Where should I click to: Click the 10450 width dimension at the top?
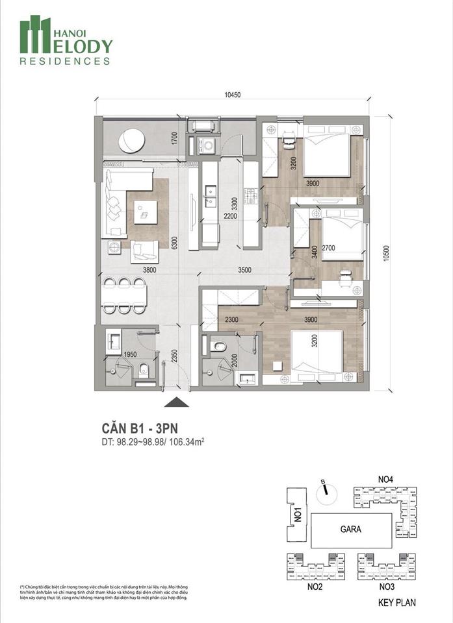[x=233, y=95]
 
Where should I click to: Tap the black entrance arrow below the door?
[x=173, y=402]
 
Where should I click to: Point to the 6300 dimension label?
[x=174, y=243]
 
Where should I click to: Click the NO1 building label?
[x=297, y=517]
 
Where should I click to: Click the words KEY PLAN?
[x=397, y=603]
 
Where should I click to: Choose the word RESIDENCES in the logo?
[x=65, y=62]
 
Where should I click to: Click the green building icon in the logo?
[x=35, y=35]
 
